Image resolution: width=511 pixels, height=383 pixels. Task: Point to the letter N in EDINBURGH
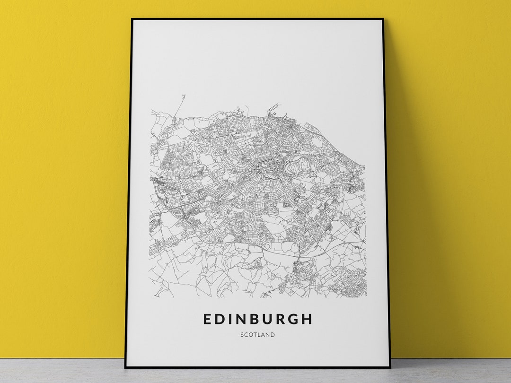pos(242,319)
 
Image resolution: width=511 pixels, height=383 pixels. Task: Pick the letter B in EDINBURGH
pos(255,319)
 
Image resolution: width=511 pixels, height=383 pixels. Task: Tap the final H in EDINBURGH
pos(308,319)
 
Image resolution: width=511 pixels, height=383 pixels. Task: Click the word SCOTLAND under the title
pos(257,335)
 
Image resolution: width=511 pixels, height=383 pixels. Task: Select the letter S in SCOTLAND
pos(242,335)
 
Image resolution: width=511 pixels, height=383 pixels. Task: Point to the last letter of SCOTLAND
pos(273,335)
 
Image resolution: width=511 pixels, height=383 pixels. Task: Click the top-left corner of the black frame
pos(132,19)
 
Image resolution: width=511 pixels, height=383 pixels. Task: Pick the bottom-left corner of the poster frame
pos(125,367)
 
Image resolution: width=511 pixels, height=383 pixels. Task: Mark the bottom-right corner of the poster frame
pos(389,367)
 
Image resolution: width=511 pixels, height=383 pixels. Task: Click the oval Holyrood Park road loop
pos(300,165)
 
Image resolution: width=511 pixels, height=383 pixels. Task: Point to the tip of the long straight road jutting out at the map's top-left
pos(185,96)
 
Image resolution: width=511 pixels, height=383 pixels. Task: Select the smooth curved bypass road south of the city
pos(265,246)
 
